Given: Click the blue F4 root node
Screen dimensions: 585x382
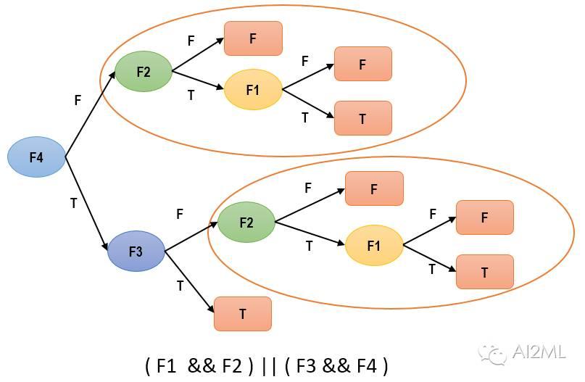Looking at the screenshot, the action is point(36,157).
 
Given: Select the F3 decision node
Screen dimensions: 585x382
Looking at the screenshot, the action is point(136,251).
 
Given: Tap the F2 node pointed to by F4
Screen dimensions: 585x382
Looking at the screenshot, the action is point(144,71).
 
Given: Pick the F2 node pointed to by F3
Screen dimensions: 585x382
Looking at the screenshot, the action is point(246,223).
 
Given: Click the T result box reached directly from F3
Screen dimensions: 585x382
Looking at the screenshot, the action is point(243,314).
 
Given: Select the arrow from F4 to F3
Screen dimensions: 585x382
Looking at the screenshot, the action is point(86,203).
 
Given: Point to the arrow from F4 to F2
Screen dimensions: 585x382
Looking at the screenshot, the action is point(91,114).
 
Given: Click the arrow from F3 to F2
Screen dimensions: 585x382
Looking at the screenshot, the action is point(191,236).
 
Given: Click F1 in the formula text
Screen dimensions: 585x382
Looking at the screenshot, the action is point(166,365).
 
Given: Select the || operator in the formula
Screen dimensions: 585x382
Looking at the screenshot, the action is point(269,366).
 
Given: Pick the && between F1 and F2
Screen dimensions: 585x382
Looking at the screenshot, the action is point(202,365).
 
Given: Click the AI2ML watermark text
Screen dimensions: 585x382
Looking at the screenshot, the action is point(539,352).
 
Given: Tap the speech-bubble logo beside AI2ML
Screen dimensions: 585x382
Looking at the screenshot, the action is point(492,354).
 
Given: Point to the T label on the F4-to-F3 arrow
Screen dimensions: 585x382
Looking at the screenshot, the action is point(74,203).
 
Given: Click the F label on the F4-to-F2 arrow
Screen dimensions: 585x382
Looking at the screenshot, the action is point(78,100).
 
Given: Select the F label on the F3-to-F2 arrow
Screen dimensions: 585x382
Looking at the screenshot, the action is point(180,214).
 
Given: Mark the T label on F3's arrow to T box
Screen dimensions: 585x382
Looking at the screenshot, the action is point(181,286).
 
